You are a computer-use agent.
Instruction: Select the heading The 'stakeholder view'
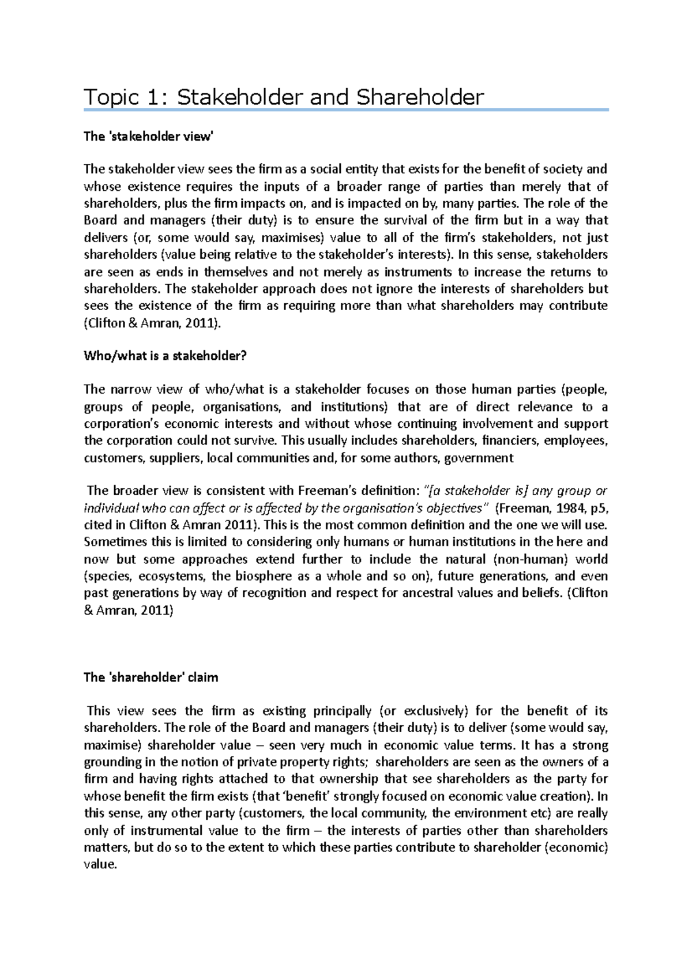pos(148,137)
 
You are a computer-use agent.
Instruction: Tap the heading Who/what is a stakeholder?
pos(165,356)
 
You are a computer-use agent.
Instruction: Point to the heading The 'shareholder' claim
pos(151,677)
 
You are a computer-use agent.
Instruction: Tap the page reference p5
pos(599,508)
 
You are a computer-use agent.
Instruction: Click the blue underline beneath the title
pos(346,110)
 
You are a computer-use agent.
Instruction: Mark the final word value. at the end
pos(100,865)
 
